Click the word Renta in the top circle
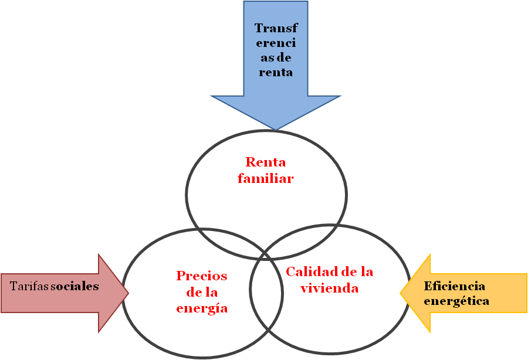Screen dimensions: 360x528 coord(266,162)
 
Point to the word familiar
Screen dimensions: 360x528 coord(266,178)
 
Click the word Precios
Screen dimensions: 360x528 coord(202,276)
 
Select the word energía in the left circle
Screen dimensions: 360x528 coord(202,308)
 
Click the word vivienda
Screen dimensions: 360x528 coord(329,288)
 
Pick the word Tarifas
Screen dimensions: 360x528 coord(29,286)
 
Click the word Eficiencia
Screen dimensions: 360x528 coord(454,286)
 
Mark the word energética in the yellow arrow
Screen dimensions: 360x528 coord(456,301)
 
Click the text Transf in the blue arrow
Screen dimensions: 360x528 coord(276,28)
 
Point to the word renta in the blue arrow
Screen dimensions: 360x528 coord(276,73)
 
